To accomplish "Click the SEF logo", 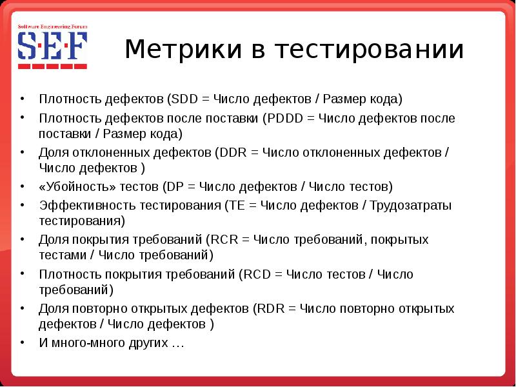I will pyautogui.click(x=52, y=47).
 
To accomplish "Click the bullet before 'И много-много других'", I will pyautogui.click(x=23, y=342).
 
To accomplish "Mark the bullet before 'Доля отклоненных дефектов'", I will pyautogui.click(x=23, y=153).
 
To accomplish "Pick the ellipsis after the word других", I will pyautogui.click(x=178, y=344).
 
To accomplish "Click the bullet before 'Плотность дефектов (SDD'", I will pyautogui.click(x=23, y=100).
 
